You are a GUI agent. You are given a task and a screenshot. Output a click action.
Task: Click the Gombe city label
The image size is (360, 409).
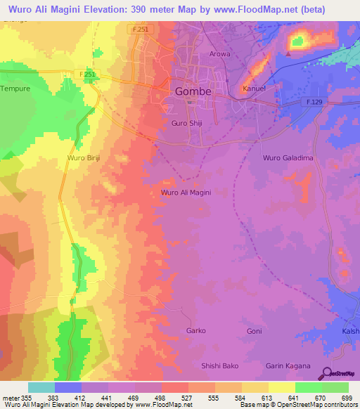coord(192,91)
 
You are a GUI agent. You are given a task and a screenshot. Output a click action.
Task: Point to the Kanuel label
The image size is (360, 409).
coord(253,89)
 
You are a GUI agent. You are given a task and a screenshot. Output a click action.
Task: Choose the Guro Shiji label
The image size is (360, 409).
coord(188,123)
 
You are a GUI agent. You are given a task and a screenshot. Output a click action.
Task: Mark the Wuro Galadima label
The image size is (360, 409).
coord(288,158)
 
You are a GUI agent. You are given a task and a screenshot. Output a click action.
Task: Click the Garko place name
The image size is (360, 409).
coord(195,330)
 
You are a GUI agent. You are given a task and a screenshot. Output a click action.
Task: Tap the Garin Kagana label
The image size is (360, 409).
coord(288,365)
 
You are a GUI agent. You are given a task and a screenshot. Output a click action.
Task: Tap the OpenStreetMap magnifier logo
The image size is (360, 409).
coord(327,373)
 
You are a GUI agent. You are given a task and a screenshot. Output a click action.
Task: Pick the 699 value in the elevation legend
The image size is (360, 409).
coord(346,398)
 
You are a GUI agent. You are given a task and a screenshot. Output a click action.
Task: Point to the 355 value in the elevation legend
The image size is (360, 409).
coord(27,398)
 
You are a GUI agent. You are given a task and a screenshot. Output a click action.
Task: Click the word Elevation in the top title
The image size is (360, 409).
coord(106,10)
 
